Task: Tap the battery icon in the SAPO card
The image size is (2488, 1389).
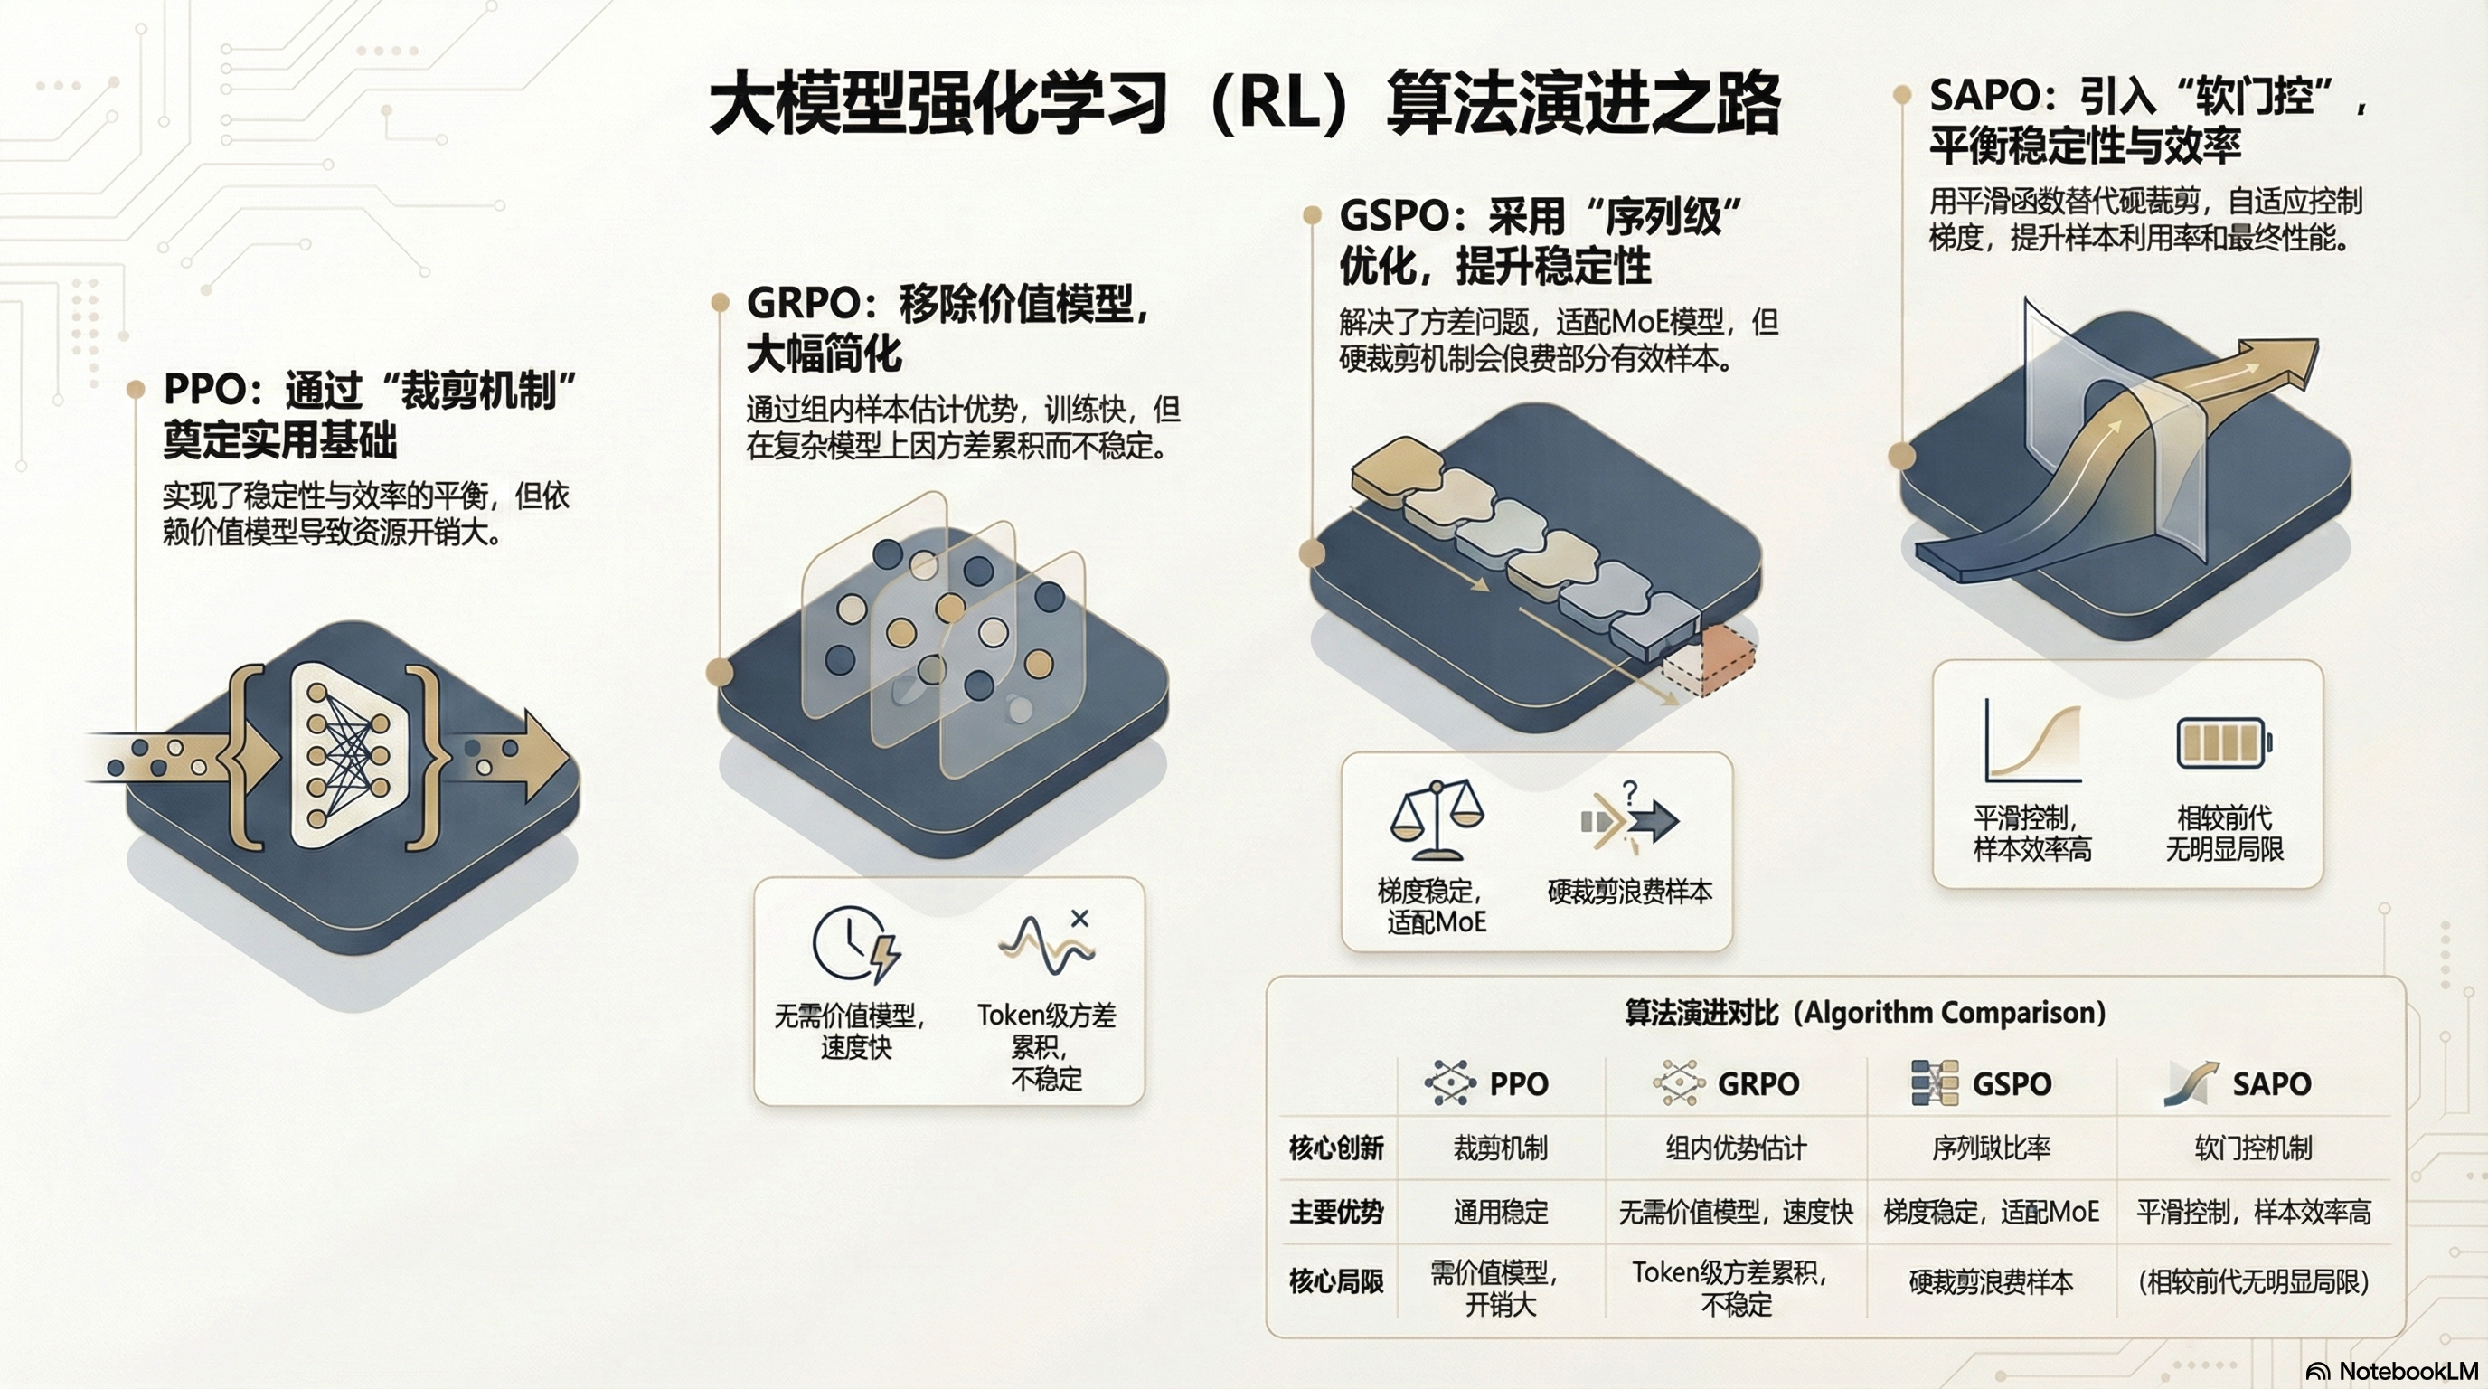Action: coord(2223,743)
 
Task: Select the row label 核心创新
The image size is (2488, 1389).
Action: coord(1335,1148)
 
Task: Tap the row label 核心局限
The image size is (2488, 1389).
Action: coord(1335,1281)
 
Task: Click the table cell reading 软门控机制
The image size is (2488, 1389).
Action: coord(2253,1148)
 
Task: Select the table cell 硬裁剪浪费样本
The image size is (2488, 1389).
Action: coord(1991,1281)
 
